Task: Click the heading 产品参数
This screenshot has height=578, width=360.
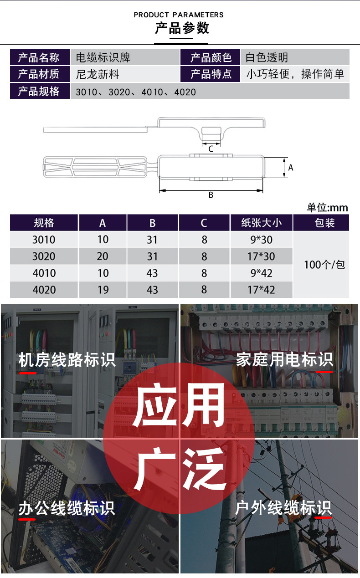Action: click(181, 28)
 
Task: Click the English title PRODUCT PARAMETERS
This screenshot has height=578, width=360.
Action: click(179, 15)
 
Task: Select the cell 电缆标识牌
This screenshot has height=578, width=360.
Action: click(103, 58)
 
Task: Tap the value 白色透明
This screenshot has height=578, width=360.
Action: click(267, 58)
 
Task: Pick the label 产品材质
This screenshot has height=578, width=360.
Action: click(39, 74)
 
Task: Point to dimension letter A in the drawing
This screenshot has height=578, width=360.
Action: click(291, 168)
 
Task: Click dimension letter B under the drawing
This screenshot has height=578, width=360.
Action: click(211, 195)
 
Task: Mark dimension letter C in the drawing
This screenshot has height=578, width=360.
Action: click(211, 149)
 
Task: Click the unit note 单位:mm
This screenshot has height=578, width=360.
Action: click(327, 208)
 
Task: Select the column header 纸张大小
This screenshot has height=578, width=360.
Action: click(262, 223)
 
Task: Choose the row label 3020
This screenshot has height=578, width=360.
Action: click(44, 256)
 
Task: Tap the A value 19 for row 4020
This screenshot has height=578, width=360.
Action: click(103, 290)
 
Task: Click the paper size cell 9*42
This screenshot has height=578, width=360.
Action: click(261, 273)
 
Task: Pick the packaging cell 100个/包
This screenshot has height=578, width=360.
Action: click(324, 265)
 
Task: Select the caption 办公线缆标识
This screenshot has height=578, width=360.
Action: click(67, 508)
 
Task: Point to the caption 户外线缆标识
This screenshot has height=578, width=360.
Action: click(283, 508)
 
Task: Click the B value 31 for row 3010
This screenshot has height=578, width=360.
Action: click(152, 240)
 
